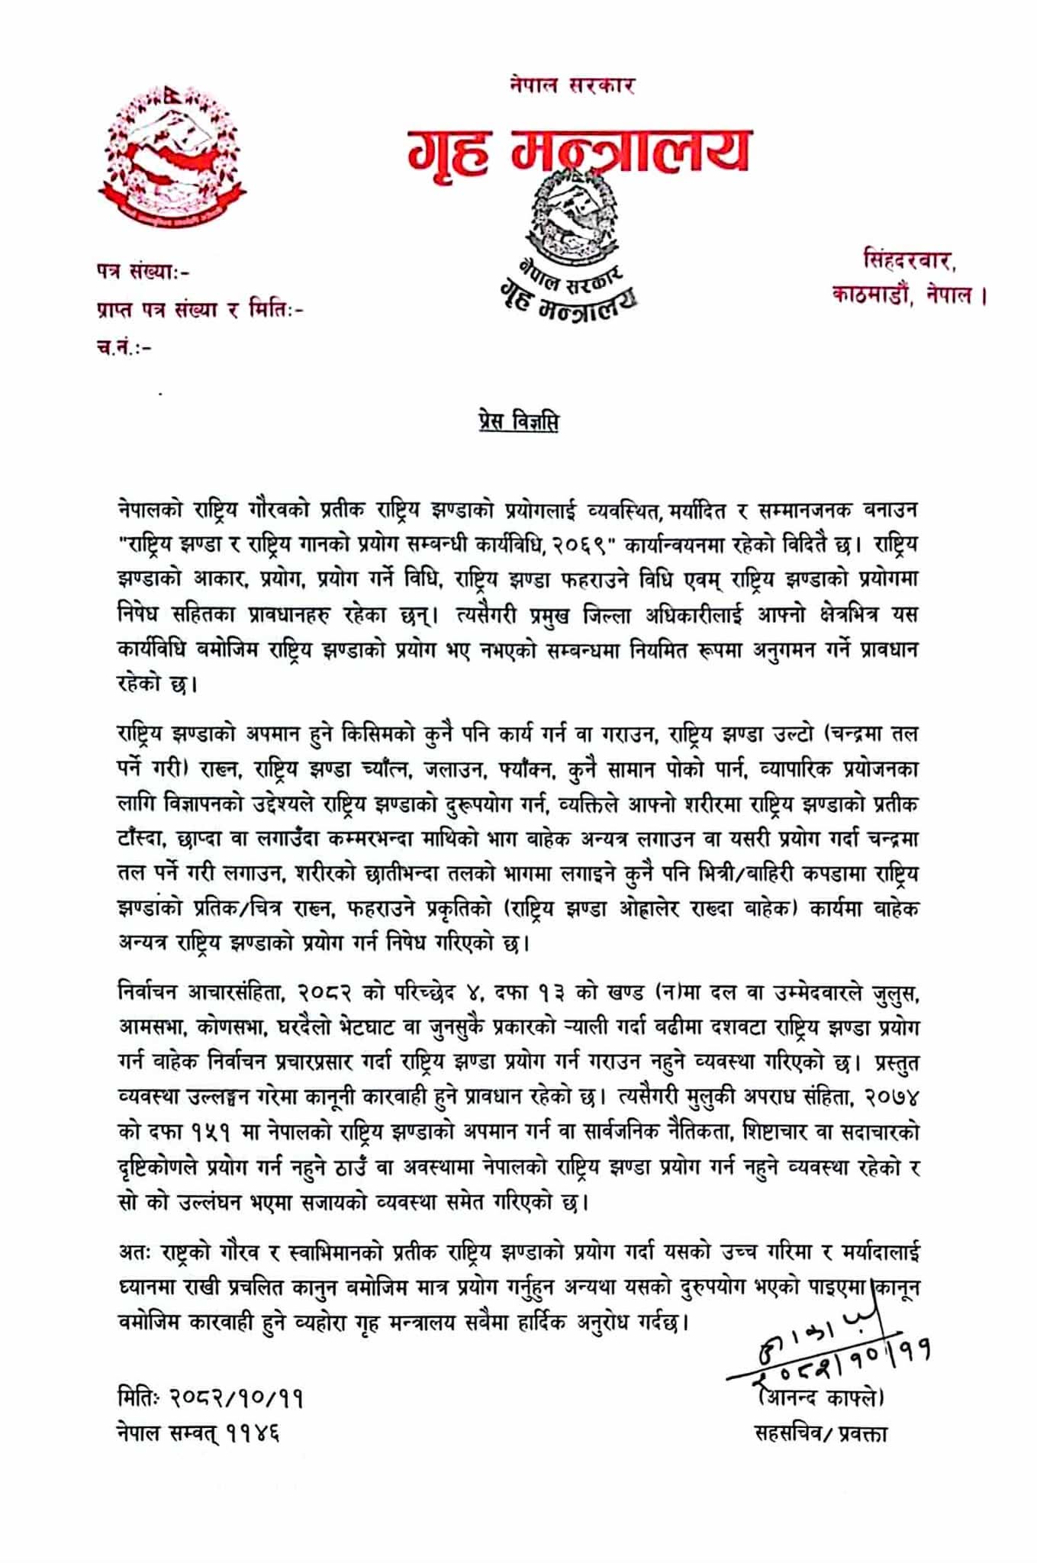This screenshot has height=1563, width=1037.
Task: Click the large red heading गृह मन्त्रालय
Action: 578,150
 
